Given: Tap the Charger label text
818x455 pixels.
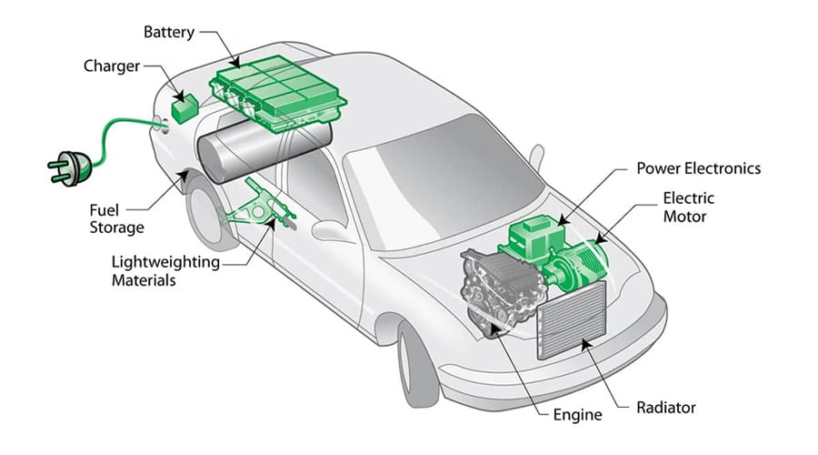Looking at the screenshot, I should click(x=112, y=66).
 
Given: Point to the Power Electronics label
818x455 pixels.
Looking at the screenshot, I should click(x=698, y=169).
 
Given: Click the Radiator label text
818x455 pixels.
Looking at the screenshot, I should click(x=665, y=407).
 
